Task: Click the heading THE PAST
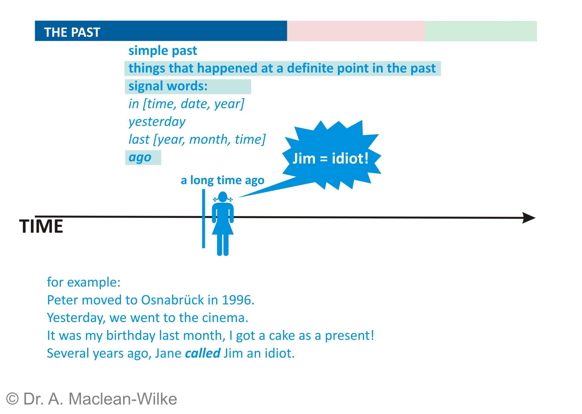click(72, 32)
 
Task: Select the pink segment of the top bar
click(356, 31)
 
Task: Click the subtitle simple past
click(163, 51)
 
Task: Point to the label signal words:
click(168, 86)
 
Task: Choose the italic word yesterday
click(157, 122)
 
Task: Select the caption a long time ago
click(222, 180)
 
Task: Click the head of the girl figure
click(223, 196)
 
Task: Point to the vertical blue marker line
click(204, 218)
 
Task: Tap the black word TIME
click(41, 226)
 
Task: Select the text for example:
click(84, 282)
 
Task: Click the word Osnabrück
click(172, 300)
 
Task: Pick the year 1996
click(238, 300)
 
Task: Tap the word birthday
click(131, 336)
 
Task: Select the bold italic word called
click(203, 353)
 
